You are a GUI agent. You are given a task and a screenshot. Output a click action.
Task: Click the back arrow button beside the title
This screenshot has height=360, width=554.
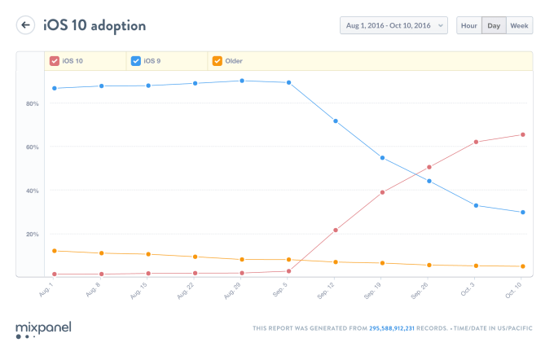coord(26,25)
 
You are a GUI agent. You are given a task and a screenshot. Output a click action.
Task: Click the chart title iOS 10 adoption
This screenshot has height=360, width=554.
coord(95,25)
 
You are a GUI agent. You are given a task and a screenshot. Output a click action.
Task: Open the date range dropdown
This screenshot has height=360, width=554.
coord(394,25)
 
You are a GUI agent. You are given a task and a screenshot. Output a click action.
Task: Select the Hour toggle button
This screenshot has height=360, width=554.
coord(468,25)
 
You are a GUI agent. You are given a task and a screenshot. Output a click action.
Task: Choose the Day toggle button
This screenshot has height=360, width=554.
coord(494,25)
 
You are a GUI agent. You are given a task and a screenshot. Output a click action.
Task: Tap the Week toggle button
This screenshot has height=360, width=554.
coord(519,25)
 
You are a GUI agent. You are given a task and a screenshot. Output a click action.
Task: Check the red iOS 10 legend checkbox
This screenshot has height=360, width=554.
coord(54,61)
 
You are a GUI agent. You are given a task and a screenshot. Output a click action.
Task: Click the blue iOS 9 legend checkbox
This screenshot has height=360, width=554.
coord(135,61)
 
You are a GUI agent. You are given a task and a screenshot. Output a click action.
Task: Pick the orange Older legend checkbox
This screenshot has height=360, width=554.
coord(217,61)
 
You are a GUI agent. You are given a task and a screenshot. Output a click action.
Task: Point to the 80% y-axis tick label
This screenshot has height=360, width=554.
coord(32,103)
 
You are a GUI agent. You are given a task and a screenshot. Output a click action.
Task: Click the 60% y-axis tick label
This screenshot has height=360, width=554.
coord(32,147)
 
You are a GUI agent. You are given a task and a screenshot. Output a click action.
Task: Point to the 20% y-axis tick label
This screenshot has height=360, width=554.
coord(32,235)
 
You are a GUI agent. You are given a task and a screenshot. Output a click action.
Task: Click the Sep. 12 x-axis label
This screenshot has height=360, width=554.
coord(330,291)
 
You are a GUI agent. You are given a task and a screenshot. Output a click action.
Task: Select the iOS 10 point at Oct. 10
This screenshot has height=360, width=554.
coord(522,134)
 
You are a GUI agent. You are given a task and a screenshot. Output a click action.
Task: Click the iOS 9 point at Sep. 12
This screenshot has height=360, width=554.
coord(336,121)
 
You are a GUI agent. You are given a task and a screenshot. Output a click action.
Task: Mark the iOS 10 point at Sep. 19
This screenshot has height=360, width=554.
coord(382,192)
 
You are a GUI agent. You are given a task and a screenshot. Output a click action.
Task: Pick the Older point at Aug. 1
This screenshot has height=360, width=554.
coord(54,251)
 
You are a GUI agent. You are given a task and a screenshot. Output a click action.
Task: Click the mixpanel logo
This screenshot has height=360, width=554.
coord(43,329)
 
